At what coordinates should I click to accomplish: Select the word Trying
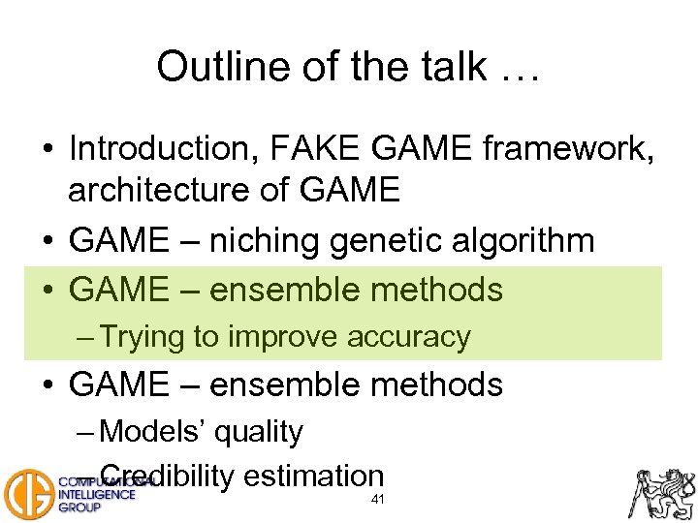coord(143,337)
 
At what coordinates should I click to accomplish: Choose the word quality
coord(258,432)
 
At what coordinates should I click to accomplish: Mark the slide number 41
coord(377,500)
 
